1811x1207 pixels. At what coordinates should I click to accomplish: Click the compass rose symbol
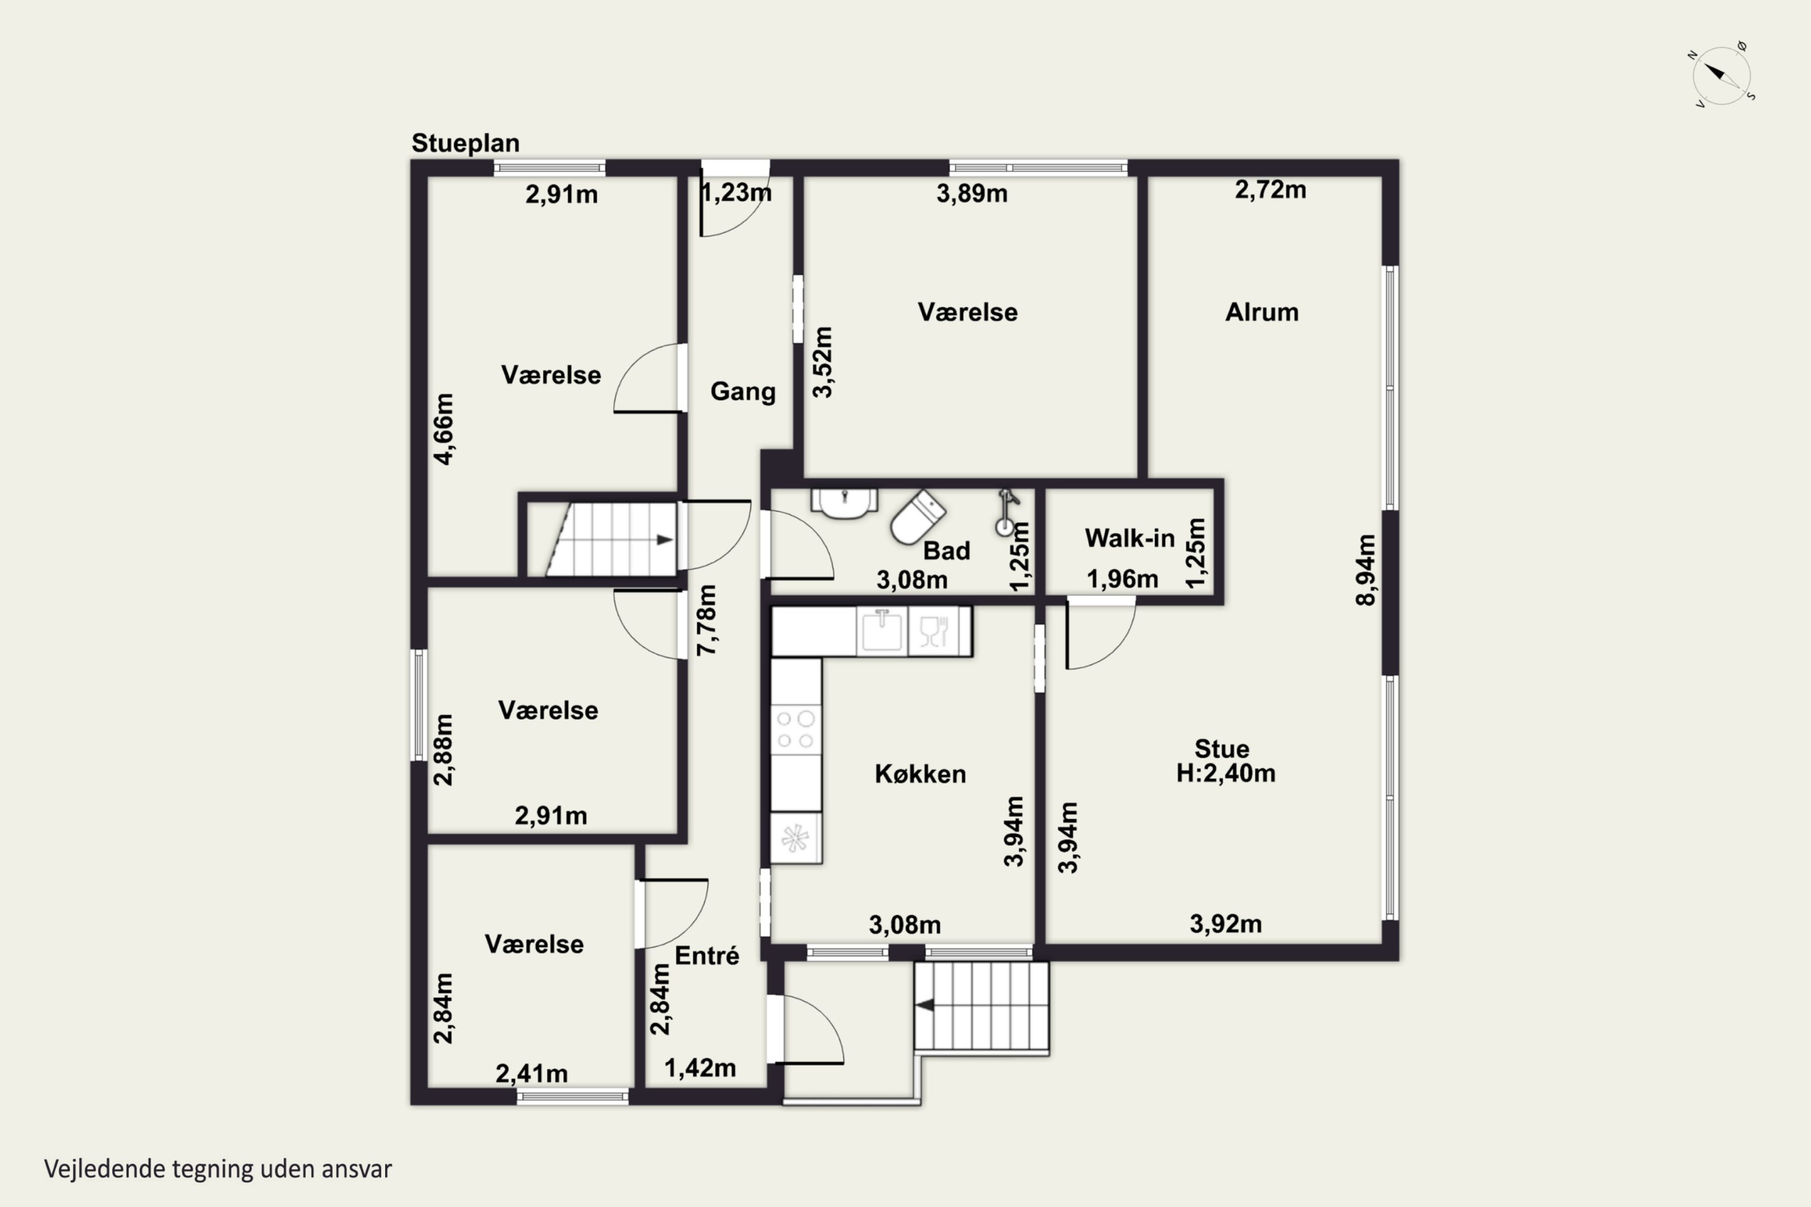point(1722,75)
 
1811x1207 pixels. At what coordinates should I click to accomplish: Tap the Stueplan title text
point(465,143)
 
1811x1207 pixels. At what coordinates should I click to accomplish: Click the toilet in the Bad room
point(917,517)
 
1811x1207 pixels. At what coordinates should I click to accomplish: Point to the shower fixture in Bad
point(1006,512)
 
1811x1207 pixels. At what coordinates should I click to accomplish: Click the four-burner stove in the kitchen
point(796,729)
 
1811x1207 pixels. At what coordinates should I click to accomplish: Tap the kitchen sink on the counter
point(881,631)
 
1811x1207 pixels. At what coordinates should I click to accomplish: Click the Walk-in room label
point(1129,538)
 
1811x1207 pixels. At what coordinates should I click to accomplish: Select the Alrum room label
point(1261,313)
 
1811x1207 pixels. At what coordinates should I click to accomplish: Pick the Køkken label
point(920,774)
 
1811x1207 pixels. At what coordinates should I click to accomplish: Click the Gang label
point(743,392)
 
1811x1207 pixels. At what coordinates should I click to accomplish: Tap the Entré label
point(707,955)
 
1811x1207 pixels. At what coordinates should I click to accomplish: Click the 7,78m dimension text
point(706,620)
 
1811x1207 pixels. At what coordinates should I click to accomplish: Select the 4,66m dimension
point(444,428)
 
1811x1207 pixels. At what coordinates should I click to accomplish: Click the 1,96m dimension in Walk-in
point(1122,579)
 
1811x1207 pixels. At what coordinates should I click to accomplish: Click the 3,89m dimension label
point(972,193)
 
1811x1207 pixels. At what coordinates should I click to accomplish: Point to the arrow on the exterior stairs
point(925,1005)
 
